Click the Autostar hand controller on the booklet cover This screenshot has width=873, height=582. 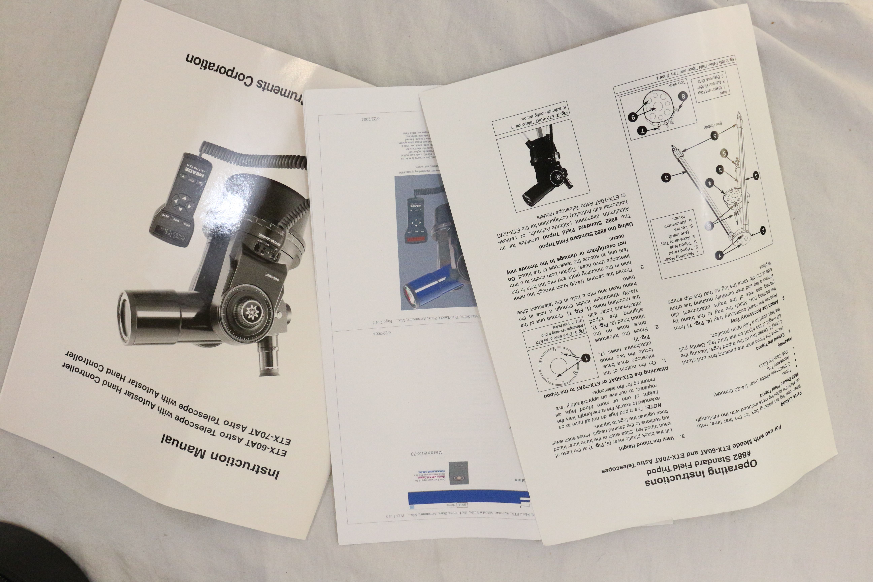tap(182, 200)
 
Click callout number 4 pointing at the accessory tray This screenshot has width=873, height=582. tap(710, 183)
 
